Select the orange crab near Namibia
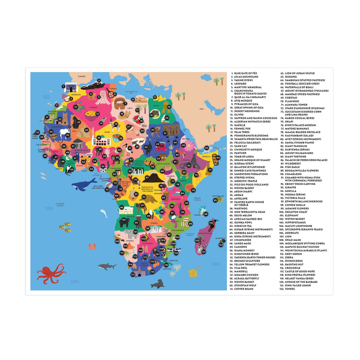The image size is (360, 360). (92, 246)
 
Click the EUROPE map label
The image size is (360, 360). (82, 76)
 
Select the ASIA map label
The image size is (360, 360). (201, 109)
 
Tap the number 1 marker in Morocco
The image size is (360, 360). (64, 86)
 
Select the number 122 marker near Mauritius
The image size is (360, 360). (221, 245)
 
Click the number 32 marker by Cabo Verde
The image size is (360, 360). (38, 132)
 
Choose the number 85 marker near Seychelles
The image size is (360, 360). (215, 200)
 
